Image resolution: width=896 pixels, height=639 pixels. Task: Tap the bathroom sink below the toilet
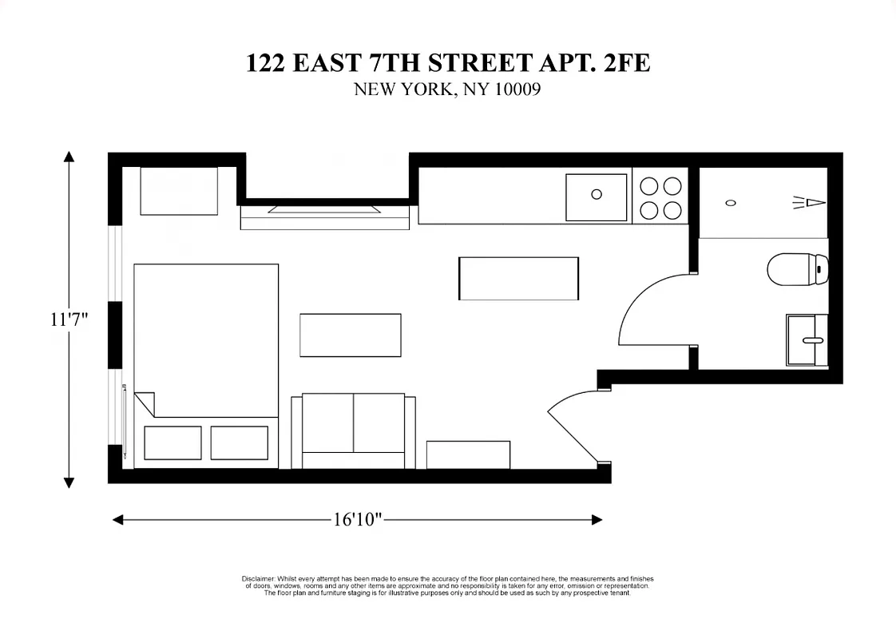[x=807, y=340]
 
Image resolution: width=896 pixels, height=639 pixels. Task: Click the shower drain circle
[x=730, y=203]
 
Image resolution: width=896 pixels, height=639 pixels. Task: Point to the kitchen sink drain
[x=596, y=193]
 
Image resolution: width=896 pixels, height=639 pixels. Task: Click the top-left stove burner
[x=649, y=186]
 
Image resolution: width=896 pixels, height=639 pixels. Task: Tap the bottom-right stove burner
[x=672, y=210]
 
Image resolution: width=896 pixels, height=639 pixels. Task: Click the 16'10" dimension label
[x=358, y=520]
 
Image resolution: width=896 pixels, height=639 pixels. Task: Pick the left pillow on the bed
[x=172, y=443]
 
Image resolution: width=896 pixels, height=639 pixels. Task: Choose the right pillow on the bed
[x=239, y=443]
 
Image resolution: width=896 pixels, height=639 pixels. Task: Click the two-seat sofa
[x=354, y=431]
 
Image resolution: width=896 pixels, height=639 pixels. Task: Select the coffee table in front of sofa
[x=350, y=335]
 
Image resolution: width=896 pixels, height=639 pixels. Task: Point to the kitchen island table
[x=518, y=278]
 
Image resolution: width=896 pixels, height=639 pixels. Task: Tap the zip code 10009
[x=517, y=89]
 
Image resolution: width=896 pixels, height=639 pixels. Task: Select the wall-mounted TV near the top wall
[x=325, y=209]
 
